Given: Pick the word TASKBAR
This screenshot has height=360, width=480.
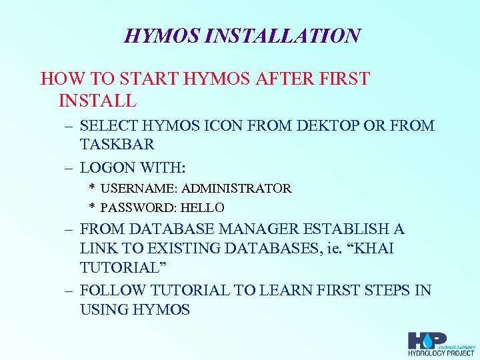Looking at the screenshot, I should coord(117,144).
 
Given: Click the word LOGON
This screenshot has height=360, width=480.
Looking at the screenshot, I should coord(109,167).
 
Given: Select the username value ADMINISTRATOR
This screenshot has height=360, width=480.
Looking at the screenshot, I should coord(237,189).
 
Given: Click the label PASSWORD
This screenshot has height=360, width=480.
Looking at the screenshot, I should coord(135,208).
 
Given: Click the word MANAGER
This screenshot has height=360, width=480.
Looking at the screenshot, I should coord(261,229).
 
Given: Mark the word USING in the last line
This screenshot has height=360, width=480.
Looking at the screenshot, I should coord(102,310).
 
